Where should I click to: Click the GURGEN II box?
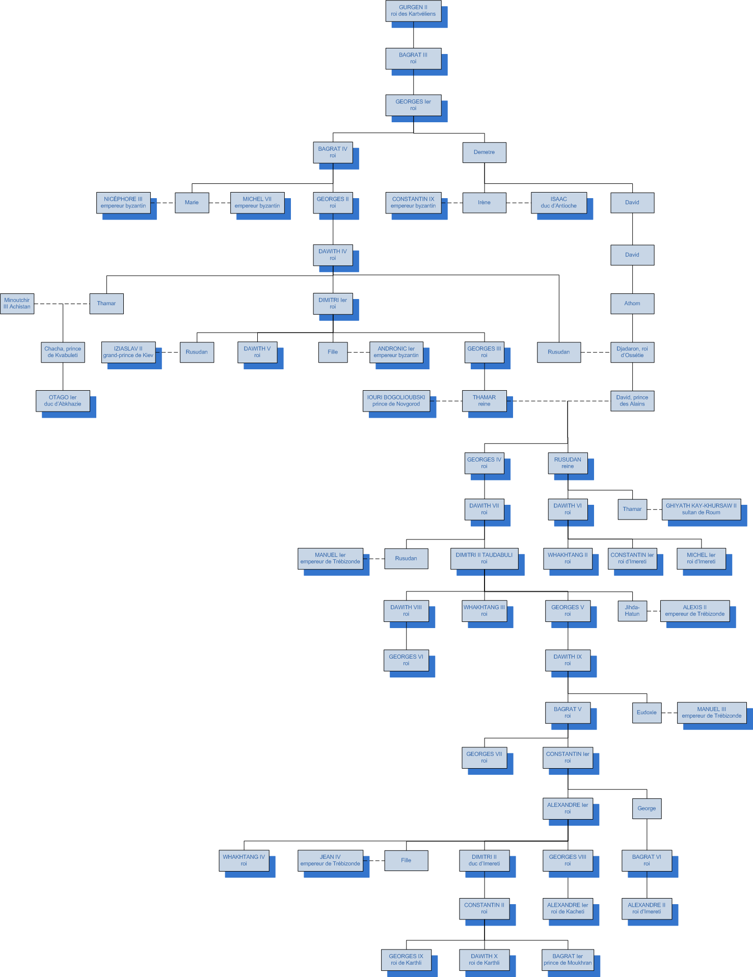[x=413, y=11]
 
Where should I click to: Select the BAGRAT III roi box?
[x=413, y=59]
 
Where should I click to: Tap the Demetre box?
[x=484, y=152]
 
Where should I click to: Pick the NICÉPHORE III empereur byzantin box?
[x=123, y=203]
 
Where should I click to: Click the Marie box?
[x=192, y=203]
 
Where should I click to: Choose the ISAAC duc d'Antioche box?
[x=558, y=203]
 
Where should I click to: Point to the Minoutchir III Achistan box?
[x=17, y=304]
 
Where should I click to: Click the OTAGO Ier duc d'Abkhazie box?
[x=63, y=401]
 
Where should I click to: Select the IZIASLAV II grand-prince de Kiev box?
[x=128, y=352]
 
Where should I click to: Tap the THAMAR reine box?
[x=484, y=401]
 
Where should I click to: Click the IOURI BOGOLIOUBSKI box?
[x=396, y=401]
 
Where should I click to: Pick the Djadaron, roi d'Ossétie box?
[x=632, y=352]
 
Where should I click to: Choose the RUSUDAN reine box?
[x=568, y=463]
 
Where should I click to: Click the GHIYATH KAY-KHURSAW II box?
[x=701, y=509]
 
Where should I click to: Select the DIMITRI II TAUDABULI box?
[x=484, y=558]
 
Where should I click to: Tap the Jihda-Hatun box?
[x=632, y=611]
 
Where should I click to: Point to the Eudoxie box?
[x=647, y=713]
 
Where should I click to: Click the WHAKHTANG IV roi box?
[x=244, y=860]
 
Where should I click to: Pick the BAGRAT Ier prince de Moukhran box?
[x=568, y=960]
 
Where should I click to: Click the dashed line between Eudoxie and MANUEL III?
[x=669, y=713]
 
